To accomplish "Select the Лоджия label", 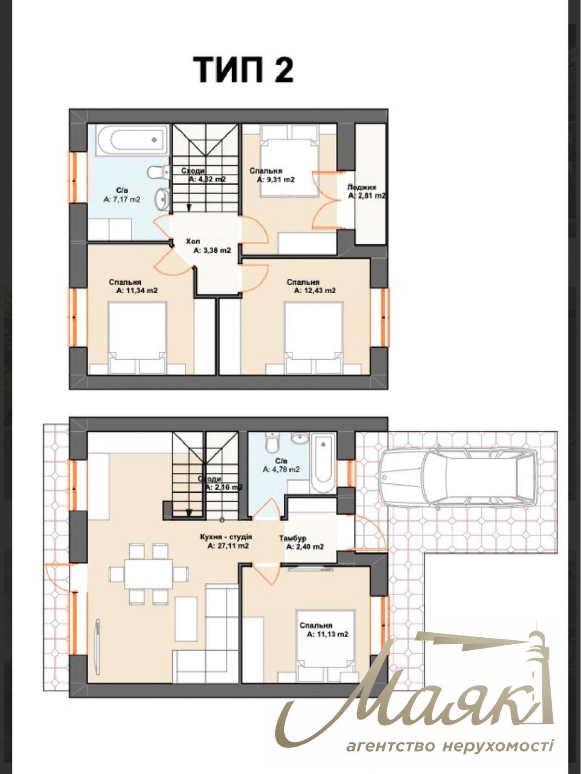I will [361, 187].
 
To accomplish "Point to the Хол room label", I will [193, 241].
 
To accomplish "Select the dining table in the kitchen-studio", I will [148, 574].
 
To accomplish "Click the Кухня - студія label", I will [226, 537].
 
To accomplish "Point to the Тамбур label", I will [293, 538].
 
